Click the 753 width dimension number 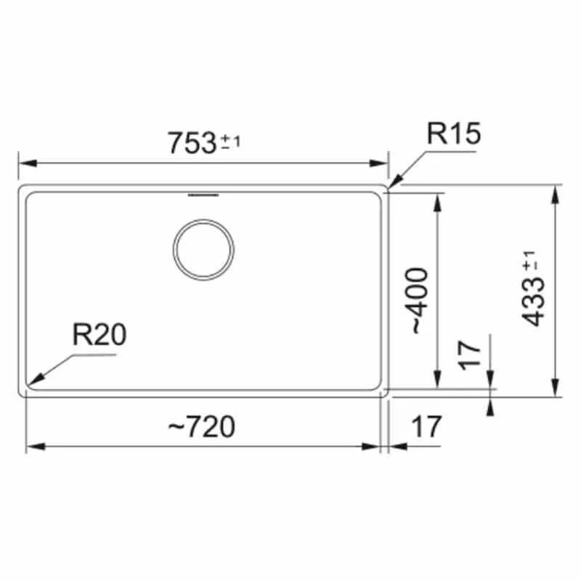[x=192, y=143]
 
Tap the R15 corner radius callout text [x=454, y=134]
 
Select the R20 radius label [x=99, y=335]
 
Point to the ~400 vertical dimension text [x=420, y=300]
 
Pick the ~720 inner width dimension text [x=202, y=426]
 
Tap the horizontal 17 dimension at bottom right [x=426, y=426]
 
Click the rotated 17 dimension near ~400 [x=469, y=356]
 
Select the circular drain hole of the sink [x=203, y=250]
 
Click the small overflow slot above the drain [x=203, y=195]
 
